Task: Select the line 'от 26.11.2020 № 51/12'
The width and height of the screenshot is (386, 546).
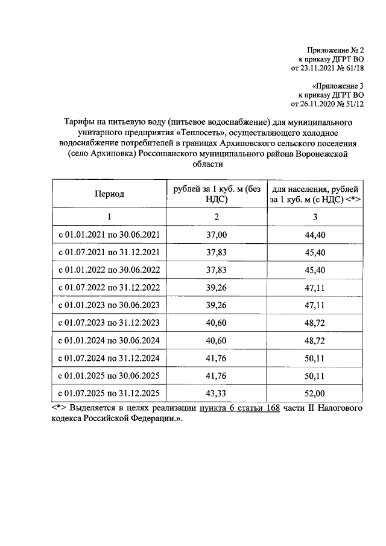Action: click(x=328, y=104)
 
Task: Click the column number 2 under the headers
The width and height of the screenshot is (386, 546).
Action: click(x=217, y=217)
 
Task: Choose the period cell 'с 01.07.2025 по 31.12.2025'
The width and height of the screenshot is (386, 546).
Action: click(x=109, y=393)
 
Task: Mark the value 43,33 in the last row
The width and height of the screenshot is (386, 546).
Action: click(x=217, y=393)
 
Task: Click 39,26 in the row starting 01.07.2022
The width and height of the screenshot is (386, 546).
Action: click(x=217, y=288)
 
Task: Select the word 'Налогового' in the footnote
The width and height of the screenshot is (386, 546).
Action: click(x=340, y=409)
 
